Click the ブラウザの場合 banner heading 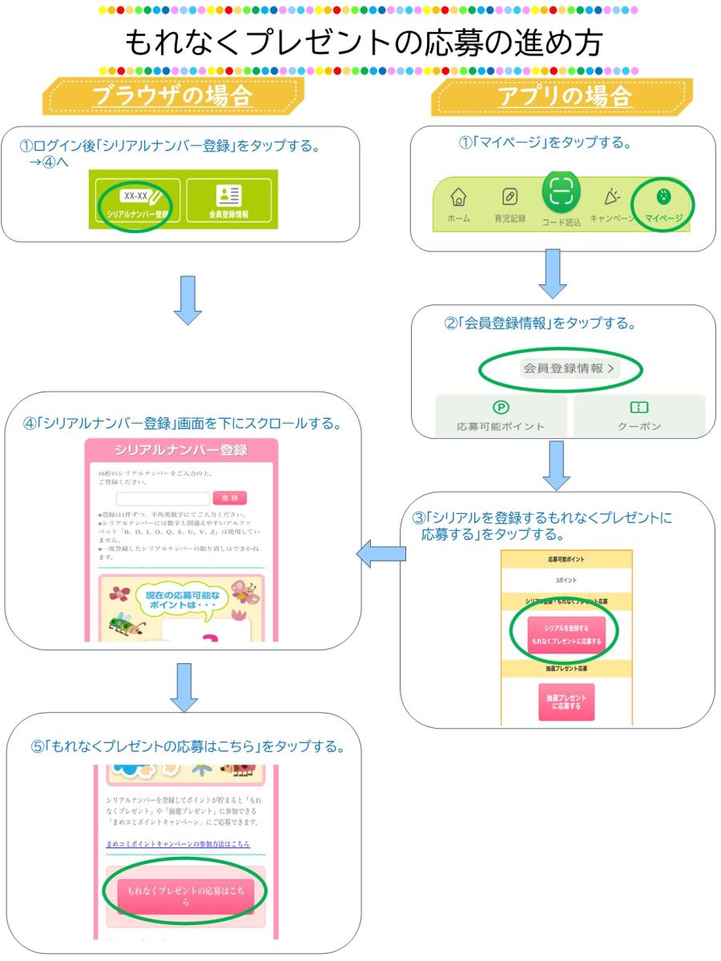[171, 96]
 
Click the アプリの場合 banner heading [561, 96]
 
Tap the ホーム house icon [459, 203]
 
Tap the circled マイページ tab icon [663, 201]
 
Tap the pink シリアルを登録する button [566, 634]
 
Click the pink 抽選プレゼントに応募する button [566, 702]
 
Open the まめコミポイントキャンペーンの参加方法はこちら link [177, 845]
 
